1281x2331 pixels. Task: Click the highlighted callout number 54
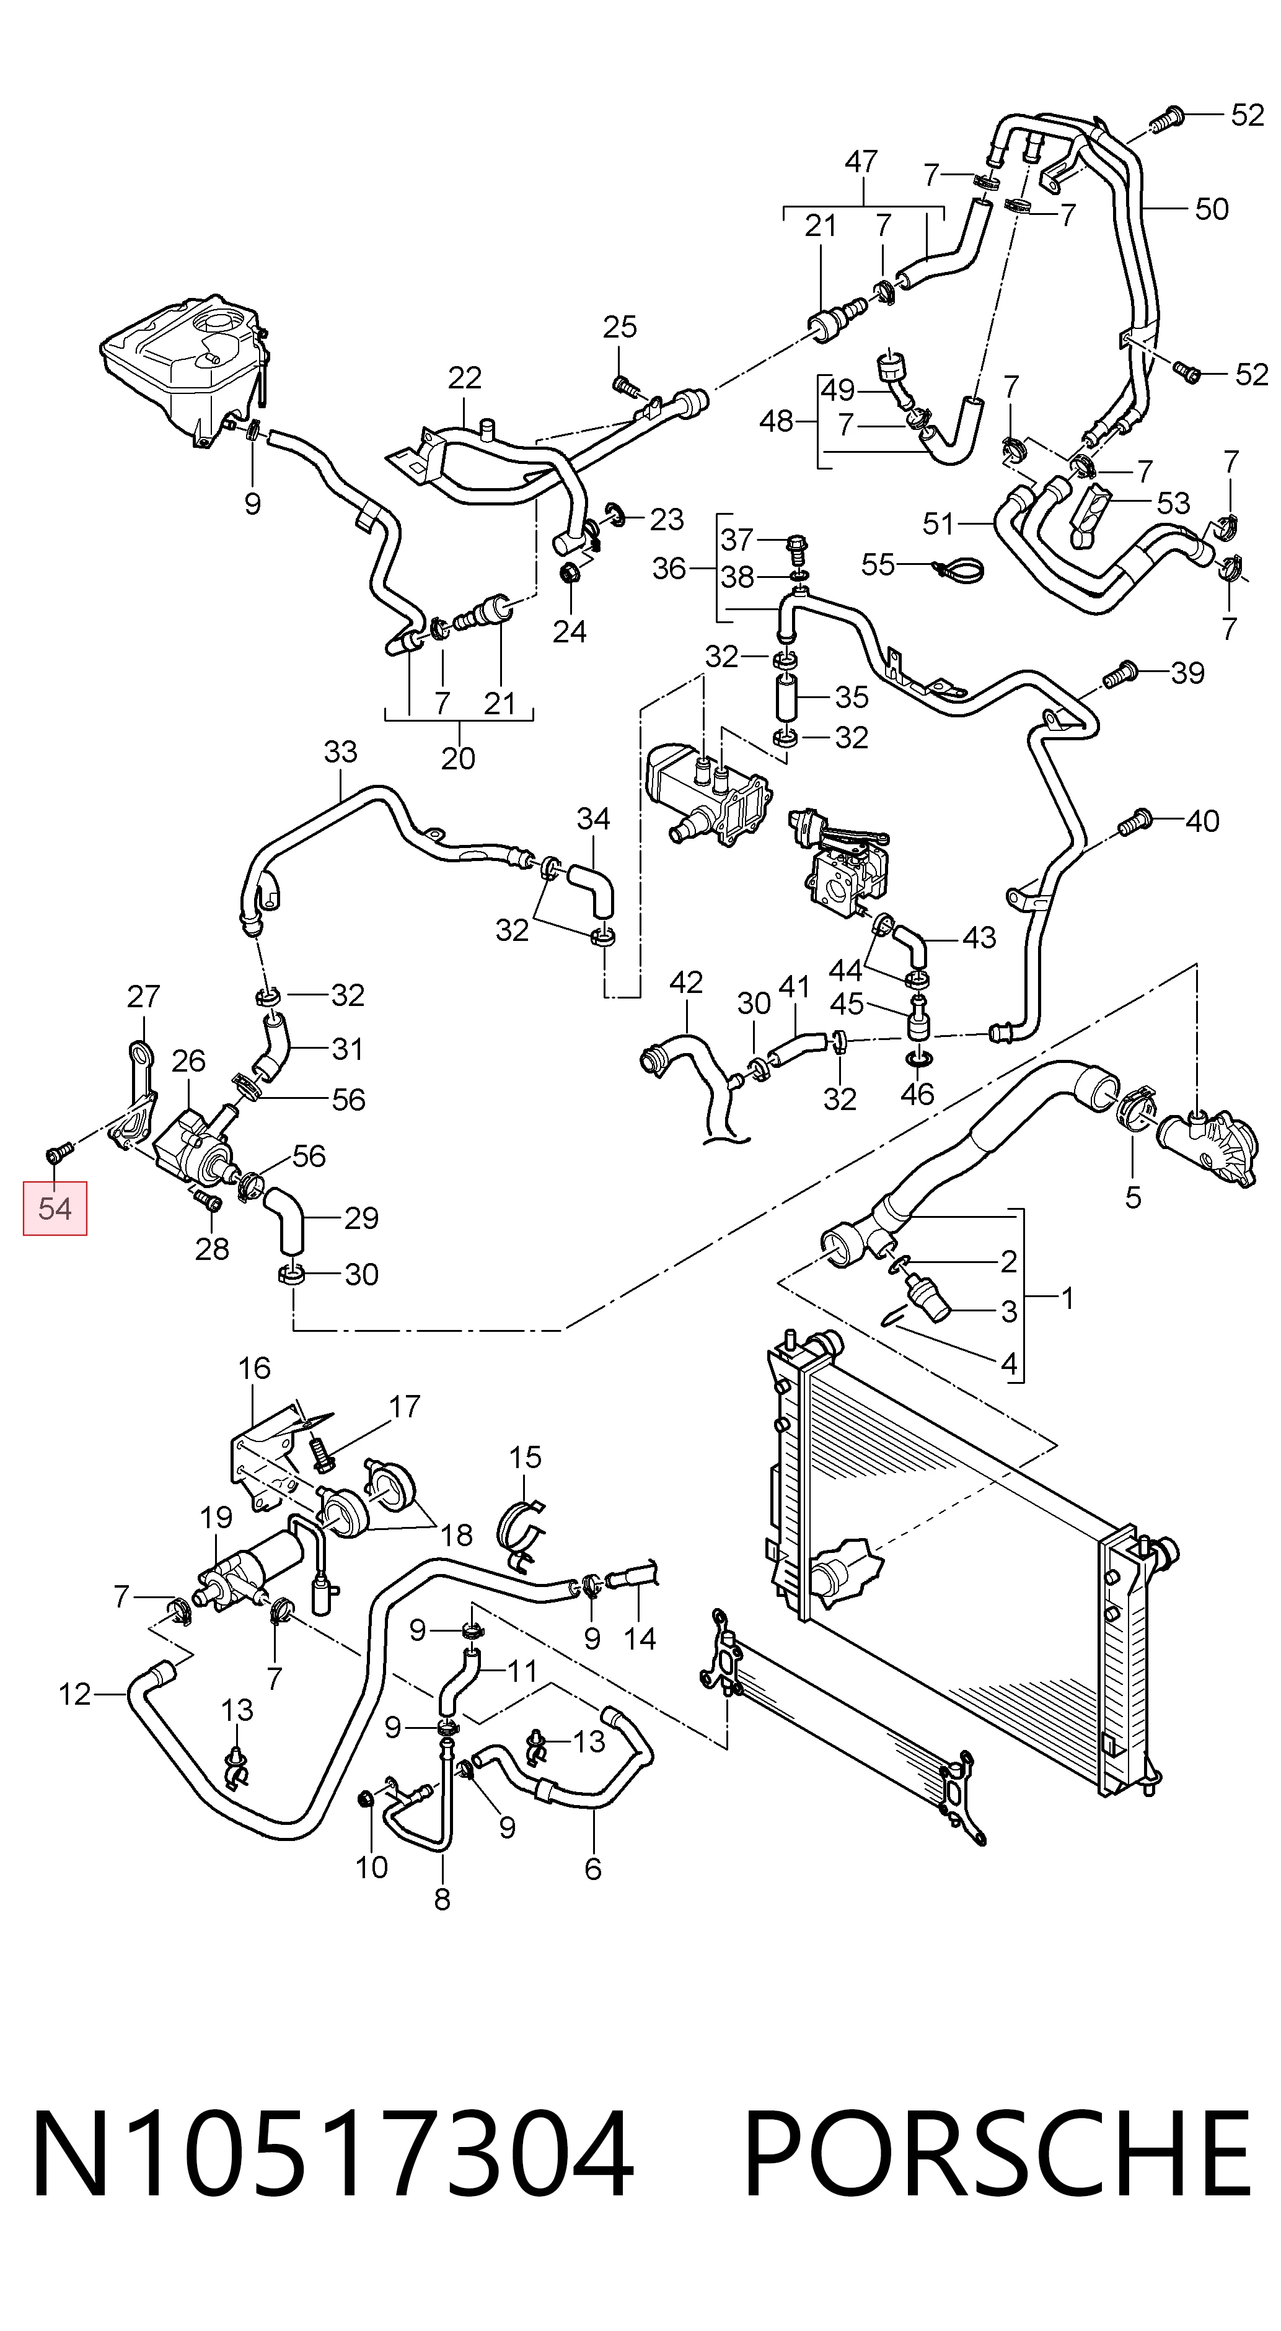[55, 1208]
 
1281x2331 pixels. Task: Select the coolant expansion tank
[185, 367]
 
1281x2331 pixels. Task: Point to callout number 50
[1212, 209]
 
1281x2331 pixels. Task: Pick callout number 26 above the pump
[188, 1061]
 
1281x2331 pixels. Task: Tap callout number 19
[216, 1516]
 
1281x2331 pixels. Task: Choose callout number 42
[685, 982]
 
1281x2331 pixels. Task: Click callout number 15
[525, 1458]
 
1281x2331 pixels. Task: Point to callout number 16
[254, 1368]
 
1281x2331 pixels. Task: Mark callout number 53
[1173, 503]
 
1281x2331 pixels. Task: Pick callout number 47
[861, 161]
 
